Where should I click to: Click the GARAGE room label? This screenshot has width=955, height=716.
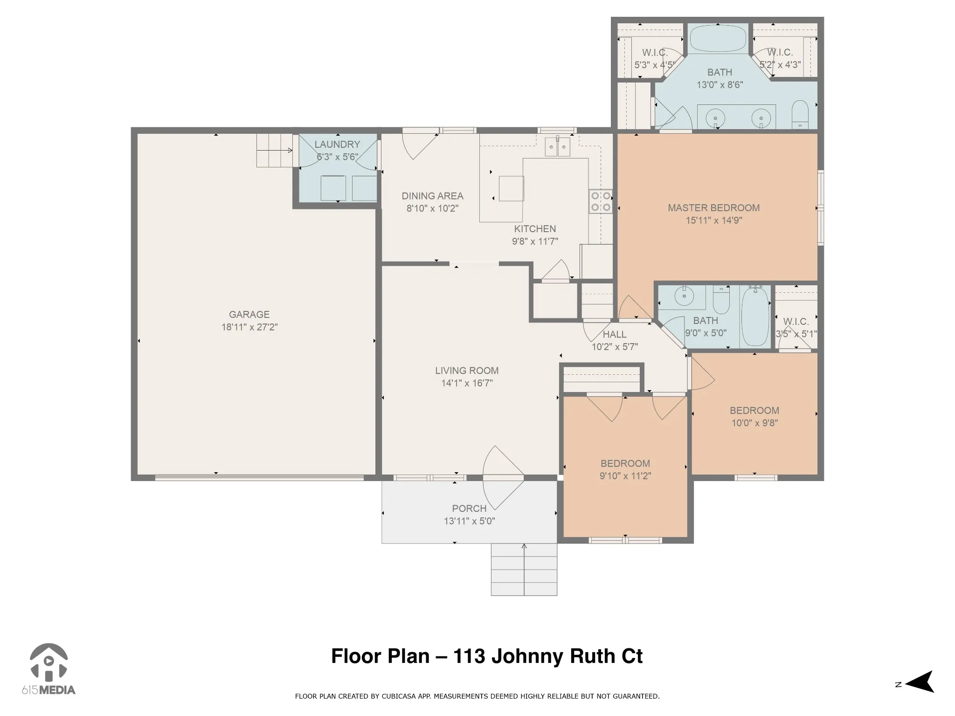click(x=249, y=315)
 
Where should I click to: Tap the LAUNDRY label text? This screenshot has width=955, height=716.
click(x=337, y=145)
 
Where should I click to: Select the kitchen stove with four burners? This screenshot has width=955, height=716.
click(x=601, y=202)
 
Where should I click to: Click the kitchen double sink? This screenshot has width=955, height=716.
click(x=558, y=147)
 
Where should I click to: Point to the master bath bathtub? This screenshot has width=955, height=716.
click(x=718, y=39)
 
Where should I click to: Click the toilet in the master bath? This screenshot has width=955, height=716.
click(x=800, y=114)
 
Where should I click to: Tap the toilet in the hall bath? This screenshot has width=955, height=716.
click(x=721, y=300)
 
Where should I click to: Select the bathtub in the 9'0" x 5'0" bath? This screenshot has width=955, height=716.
click(x=755, y=317)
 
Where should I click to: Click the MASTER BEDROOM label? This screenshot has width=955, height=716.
click(x=713, y=208)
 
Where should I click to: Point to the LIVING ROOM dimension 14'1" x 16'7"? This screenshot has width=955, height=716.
click(x=467, y=383)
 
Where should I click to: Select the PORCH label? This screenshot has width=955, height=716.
click(x=469, y=509)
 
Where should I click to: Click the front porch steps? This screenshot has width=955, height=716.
click(x=524, y=569)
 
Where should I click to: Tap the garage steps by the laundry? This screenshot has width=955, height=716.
click(x=275, y=151)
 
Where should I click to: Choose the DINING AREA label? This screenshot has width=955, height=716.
click(x=432, y=196)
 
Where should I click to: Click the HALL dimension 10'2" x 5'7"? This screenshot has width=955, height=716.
click(x=615, y=347)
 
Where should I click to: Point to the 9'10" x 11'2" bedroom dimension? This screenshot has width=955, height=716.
click(x=625, y=476)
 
